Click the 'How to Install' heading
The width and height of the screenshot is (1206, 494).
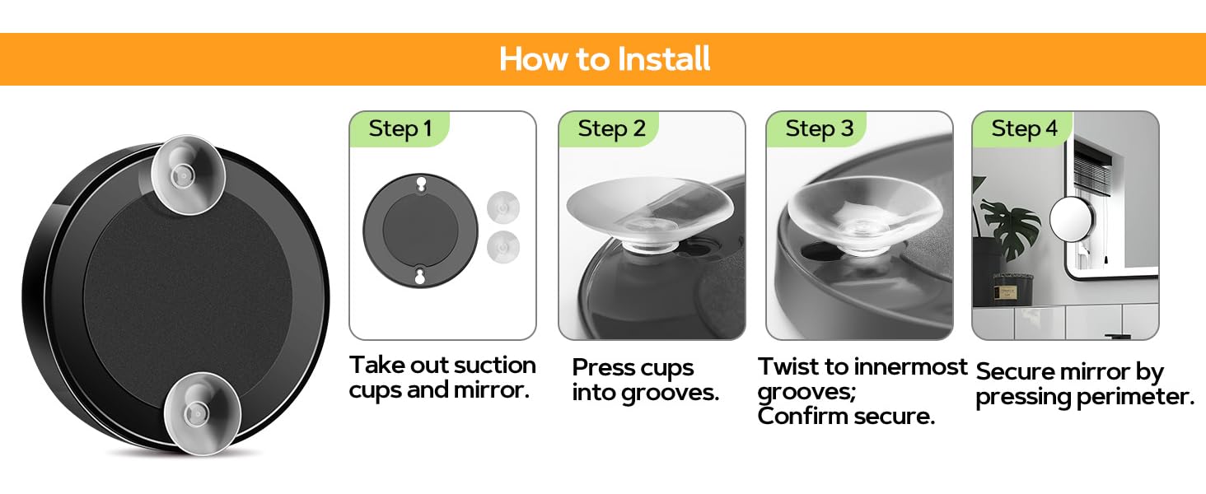coord(604,58)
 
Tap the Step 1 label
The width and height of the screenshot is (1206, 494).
coord(400,129)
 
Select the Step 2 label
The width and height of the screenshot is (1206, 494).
coord(611,129)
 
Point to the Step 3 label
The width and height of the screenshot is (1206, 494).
coord(819,129)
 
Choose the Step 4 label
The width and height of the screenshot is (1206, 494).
coord(1024,129)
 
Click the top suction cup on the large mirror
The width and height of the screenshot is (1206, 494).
coord(187,175)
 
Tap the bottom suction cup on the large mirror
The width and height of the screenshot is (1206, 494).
coord(203,413)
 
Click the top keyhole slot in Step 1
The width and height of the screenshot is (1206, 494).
coord(421,184)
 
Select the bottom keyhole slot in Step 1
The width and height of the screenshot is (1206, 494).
coord(420,276)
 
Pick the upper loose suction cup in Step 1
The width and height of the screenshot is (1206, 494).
coord(502,207)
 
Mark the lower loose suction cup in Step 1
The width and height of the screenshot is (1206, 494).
coord(502,248)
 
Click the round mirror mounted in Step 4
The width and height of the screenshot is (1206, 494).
coord(1072,219)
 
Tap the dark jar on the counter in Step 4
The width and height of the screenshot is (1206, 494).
coord(1012,289)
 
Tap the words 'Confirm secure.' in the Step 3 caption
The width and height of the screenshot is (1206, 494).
coord(846,416)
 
